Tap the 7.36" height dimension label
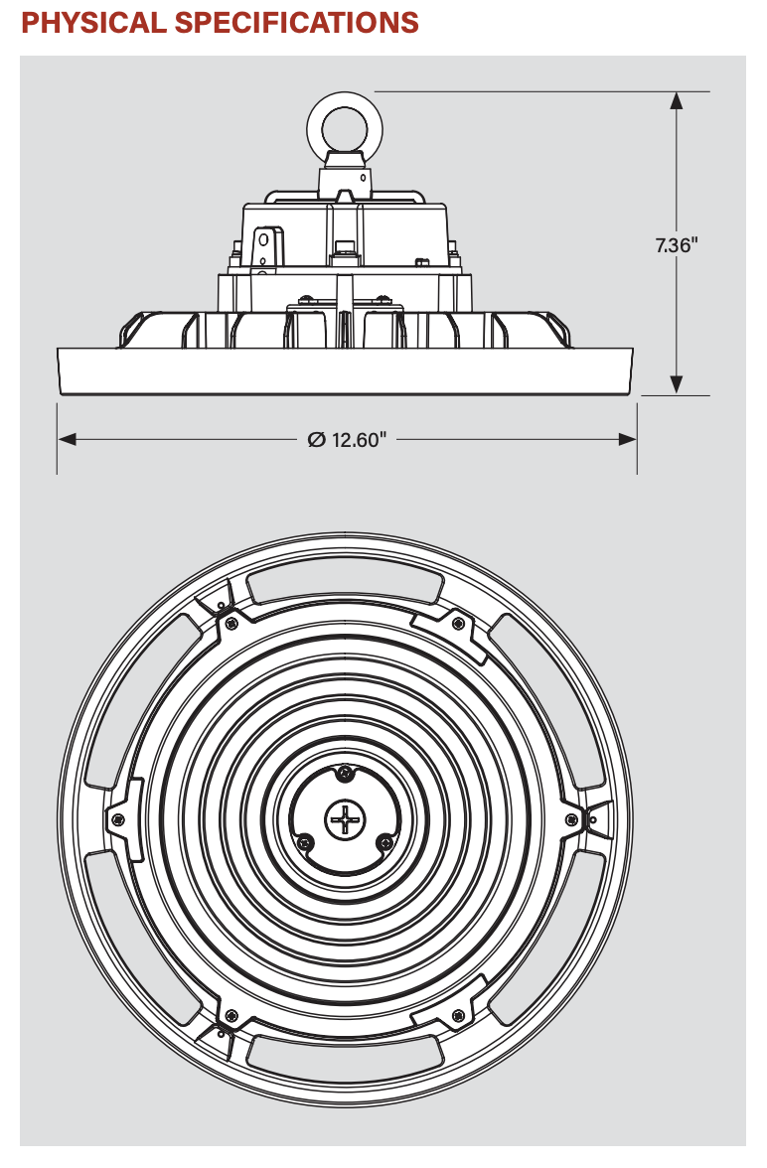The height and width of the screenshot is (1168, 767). tap(677, 244)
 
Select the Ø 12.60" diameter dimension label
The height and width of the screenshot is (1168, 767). tap(347, 440)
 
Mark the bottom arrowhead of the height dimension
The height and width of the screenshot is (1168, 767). tap(677, 384)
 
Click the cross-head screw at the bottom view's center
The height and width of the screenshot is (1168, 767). tap(345, 819)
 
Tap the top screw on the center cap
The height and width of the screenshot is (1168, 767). tap(344, 773)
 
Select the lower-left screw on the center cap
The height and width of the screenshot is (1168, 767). tap(305, 842)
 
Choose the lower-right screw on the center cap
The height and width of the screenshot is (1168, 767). tap(383, 842)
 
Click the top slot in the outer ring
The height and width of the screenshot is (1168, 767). tap(344, 585)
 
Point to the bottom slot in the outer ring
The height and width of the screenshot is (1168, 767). tap(344, 1052)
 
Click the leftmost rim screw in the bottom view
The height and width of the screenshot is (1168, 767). tap(118, 818)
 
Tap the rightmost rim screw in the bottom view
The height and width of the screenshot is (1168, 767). tap(570, 818)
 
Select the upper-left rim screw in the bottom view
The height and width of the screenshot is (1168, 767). tap(231, 623)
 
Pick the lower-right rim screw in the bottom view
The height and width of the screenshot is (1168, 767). tap(458, 1015)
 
